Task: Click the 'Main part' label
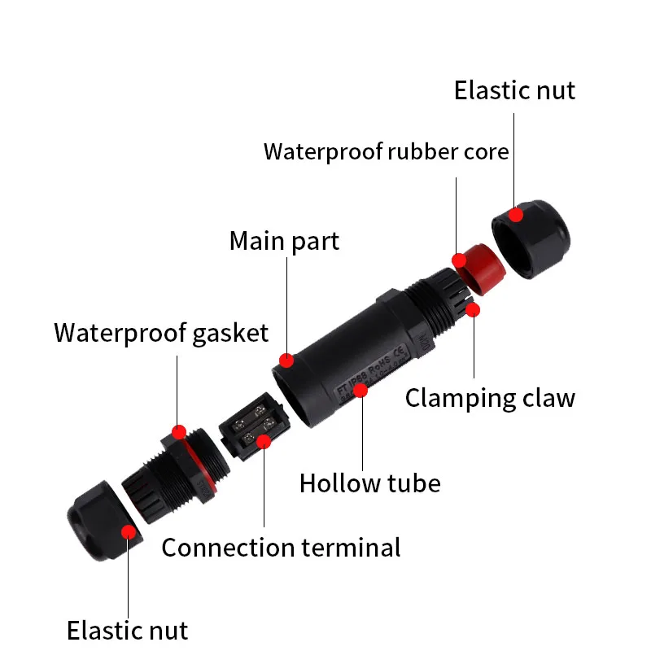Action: (284, 241)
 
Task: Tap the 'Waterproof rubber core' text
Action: (386, 151)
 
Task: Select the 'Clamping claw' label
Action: (490, 397)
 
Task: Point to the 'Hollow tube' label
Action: (369, 483)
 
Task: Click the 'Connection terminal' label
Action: (281, 547)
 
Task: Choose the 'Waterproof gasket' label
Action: (160, 332)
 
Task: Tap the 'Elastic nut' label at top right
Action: (514, 90)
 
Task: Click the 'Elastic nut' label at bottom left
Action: (127, 630)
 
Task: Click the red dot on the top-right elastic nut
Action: (515, 215)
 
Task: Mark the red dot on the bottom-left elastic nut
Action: (128, 532)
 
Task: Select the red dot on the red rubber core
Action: (459, 260)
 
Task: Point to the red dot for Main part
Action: (286, 360)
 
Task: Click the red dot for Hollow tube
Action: (360, 391)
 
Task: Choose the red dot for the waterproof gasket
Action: (178, 430)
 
